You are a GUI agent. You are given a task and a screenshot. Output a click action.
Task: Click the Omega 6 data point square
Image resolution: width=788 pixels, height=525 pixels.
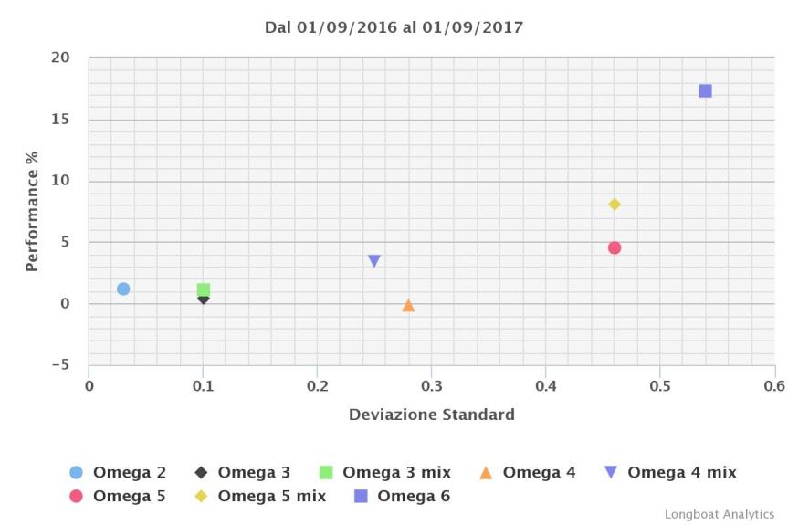point(705,90)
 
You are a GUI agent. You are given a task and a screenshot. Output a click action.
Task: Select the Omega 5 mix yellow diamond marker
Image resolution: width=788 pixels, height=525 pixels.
point(615,205)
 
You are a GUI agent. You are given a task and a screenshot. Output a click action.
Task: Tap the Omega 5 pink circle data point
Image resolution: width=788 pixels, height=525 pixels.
point(615,247)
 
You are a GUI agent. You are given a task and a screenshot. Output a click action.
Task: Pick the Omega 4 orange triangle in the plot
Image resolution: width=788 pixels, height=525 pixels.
point(408,305)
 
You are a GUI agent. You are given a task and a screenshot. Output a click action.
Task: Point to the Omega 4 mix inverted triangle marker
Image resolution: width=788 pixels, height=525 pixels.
point(374,261)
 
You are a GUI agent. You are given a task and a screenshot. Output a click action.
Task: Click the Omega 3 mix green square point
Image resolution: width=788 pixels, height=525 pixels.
point(204,289)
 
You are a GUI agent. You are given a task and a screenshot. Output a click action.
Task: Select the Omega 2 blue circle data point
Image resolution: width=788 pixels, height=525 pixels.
point(123,289)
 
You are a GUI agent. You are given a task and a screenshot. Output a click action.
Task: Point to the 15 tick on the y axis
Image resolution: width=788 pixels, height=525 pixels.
point(60,120)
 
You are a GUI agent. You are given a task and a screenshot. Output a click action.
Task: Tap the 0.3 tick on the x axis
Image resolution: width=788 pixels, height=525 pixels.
point(431,385)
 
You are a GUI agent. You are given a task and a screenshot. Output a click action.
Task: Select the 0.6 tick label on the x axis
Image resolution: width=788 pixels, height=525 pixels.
point(773,385)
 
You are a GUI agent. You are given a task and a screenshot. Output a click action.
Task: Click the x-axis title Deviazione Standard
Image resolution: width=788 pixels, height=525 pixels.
point(431,415)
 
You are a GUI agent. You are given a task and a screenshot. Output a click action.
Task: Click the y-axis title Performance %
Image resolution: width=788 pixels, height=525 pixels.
point(32,211)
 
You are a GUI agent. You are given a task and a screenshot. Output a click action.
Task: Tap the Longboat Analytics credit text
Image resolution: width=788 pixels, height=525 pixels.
point(719,514)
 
